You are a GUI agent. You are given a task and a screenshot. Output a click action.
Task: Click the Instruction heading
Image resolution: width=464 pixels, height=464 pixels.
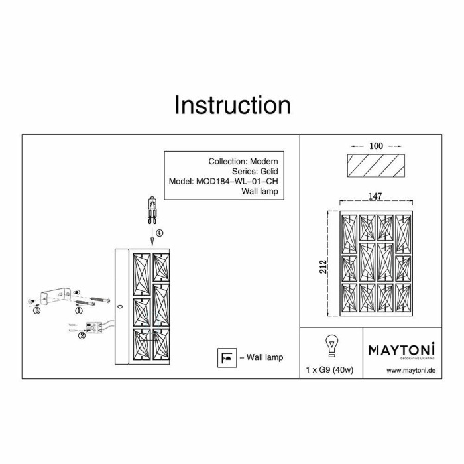(x=232, y=105)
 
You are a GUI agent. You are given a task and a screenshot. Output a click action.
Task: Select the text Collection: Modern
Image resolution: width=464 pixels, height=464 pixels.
(x=243, y=161)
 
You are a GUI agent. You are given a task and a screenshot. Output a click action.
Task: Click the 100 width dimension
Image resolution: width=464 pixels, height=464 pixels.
(x=377, y=145)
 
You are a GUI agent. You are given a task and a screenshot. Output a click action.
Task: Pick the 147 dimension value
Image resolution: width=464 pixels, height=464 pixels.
(x=377, y=196)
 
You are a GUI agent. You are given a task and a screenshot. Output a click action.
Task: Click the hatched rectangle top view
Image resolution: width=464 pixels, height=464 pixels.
(x=376, y=166)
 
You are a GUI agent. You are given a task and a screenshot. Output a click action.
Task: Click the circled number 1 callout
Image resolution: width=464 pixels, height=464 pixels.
(x=78, y=310)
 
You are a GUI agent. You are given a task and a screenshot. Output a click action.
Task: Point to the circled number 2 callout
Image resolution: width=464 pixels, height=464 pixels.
(x=82, y=335)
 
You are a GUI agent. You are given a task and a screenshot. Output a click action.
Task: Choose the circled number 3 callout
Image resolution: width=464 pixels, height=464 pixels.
(x=37, y=310)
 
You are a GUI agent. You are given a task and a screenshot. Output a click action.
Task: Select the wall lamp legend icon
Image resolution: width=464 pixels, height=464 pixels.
(x=226, y=357)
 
